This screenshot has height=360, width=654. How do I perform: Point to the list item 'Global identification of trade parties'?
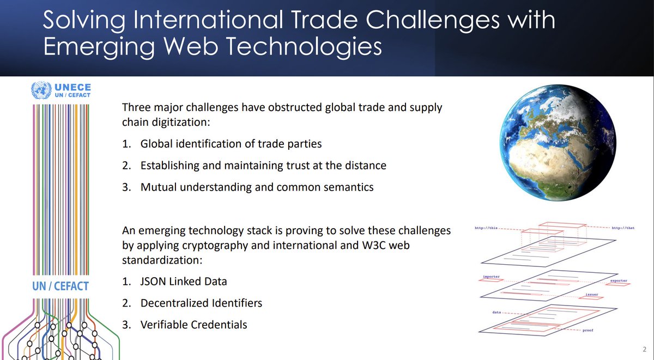[231, 144]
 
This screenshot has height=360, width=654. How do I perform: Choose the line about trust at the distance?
[263, 166]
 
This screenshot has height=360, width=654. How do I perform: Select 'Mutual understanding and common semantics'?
[257, 187]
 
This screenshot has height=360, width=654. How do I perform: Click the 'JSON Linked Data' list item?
[183, 282]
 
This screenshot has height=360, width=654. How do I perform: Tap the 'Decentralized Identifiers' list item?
[201, 303]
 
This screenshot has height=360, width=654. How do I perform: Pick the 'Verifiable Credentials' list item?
[193, 325]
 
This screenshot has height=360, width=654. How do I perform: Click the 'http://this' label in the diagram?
[487, 228]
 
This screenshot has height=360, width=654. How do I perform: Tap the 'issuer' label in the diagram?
[592, 295]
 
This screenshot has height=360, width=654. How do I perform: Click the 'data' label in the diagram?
[496, 313]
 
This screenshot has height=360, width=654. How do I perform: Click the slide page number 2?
[644, 349]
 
